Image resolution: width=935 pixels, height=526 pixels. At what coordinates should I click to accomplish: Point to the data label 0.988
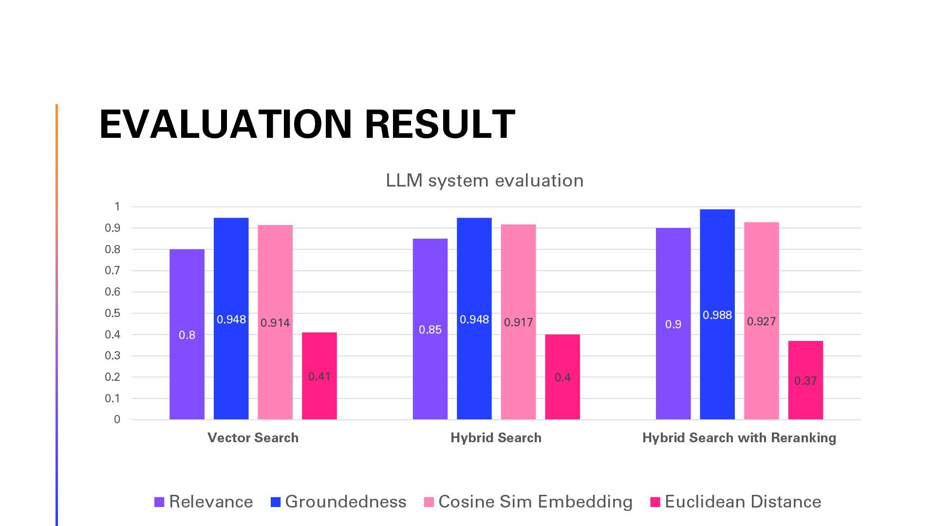717,315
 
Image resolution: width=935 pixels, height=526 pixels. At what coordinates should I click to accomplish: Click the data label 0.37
805,381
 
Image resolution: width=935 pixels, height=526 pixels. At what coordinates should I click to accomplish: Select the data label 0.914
275,323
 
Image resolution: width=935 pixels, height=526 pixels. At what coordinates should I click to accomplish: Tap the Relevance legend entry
204,502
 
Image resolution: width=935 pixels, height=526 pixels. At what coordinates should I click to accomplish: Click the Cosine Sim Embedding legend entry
528,502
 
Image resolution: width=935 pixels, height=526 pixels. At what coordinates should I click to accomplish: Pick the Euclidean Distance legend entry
735,502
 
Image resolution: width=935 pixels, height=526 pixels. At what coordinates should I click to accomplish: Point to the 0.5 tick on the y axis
112,313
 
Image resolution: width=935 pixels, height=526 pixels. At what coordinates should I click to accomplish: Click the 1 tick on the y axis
117,207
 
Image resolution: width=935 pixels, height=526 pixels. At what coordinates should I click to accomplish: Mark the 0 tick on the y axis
117,419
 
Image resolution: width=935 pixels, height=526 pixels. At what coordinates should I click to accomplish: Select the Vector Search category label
253,438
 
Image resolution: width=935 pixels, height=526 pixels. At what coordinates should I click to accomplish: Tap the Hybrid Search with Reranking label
739,438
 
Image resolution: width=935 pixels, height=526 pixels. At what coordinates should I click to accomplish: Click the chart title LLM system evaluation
485,181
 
